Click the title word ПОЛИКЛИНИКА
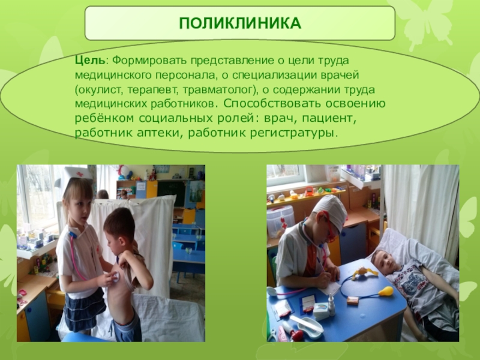pos(239,24)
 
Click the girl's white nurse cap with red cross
pos(76,175)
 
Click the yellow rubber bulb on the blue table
pos(385,292)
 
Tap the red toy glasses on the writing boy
pos(329,229)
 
